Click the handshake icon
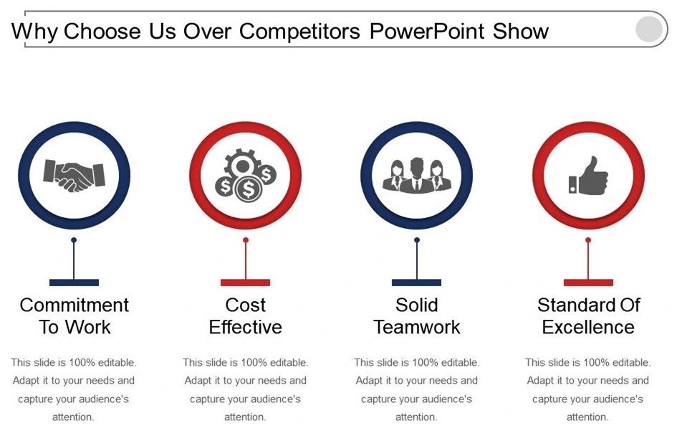74,176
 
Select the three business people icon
417,175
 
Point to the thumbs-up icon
588,176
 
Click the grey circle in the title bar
648,29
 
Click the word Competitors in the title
299,31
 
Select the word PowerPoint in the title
427,31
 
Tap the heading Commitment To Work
75,316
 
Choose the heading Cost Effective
245,316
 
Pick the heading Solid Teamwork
417,316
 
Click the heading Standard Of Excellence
588,316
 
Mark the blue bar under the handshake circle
75,283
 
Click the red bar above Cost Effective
245,283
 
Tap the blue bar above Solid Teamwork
417,283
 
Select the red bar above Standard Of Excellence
588,283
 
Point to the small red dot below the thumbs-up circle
588,240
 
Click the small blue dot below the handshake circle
74,240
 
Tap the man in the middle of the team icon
417,175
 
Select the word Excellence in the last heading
588,327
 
